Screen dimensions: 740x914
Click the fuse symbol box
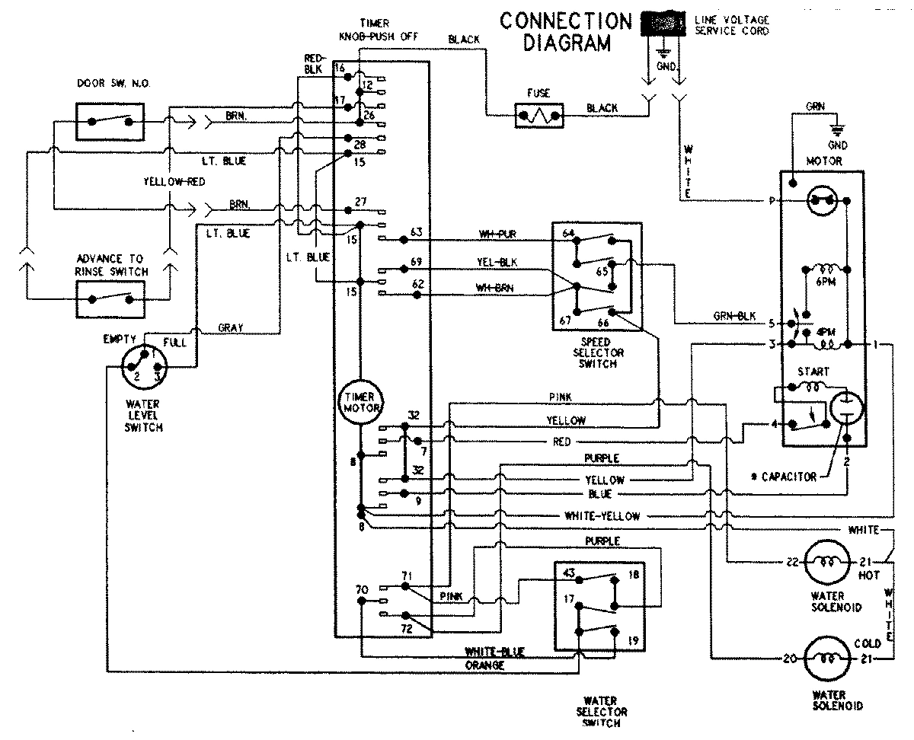tap(538, 116)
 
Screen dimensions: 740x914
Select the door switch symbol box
tap(109, 120)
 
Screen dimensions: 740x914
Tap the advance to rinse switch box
tap(109, 298)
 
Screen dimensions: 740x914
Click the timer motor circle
tap(360, 400)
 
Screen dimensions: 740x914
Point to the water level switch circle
tap(142, 369)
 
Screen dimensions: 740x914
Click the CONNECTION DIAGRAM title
tap(566, 31)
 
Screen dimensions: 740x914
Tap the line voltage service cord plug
tap(663, 24)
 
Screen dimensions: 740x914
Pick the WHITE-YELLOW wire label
tap(602, 516)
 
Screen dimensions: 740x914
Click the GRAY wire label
tap(230, 327)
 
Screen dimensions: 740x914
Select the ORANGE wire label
tap(485, 665)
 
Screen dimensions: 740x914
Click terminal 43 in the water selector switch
tap(568, 573)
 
